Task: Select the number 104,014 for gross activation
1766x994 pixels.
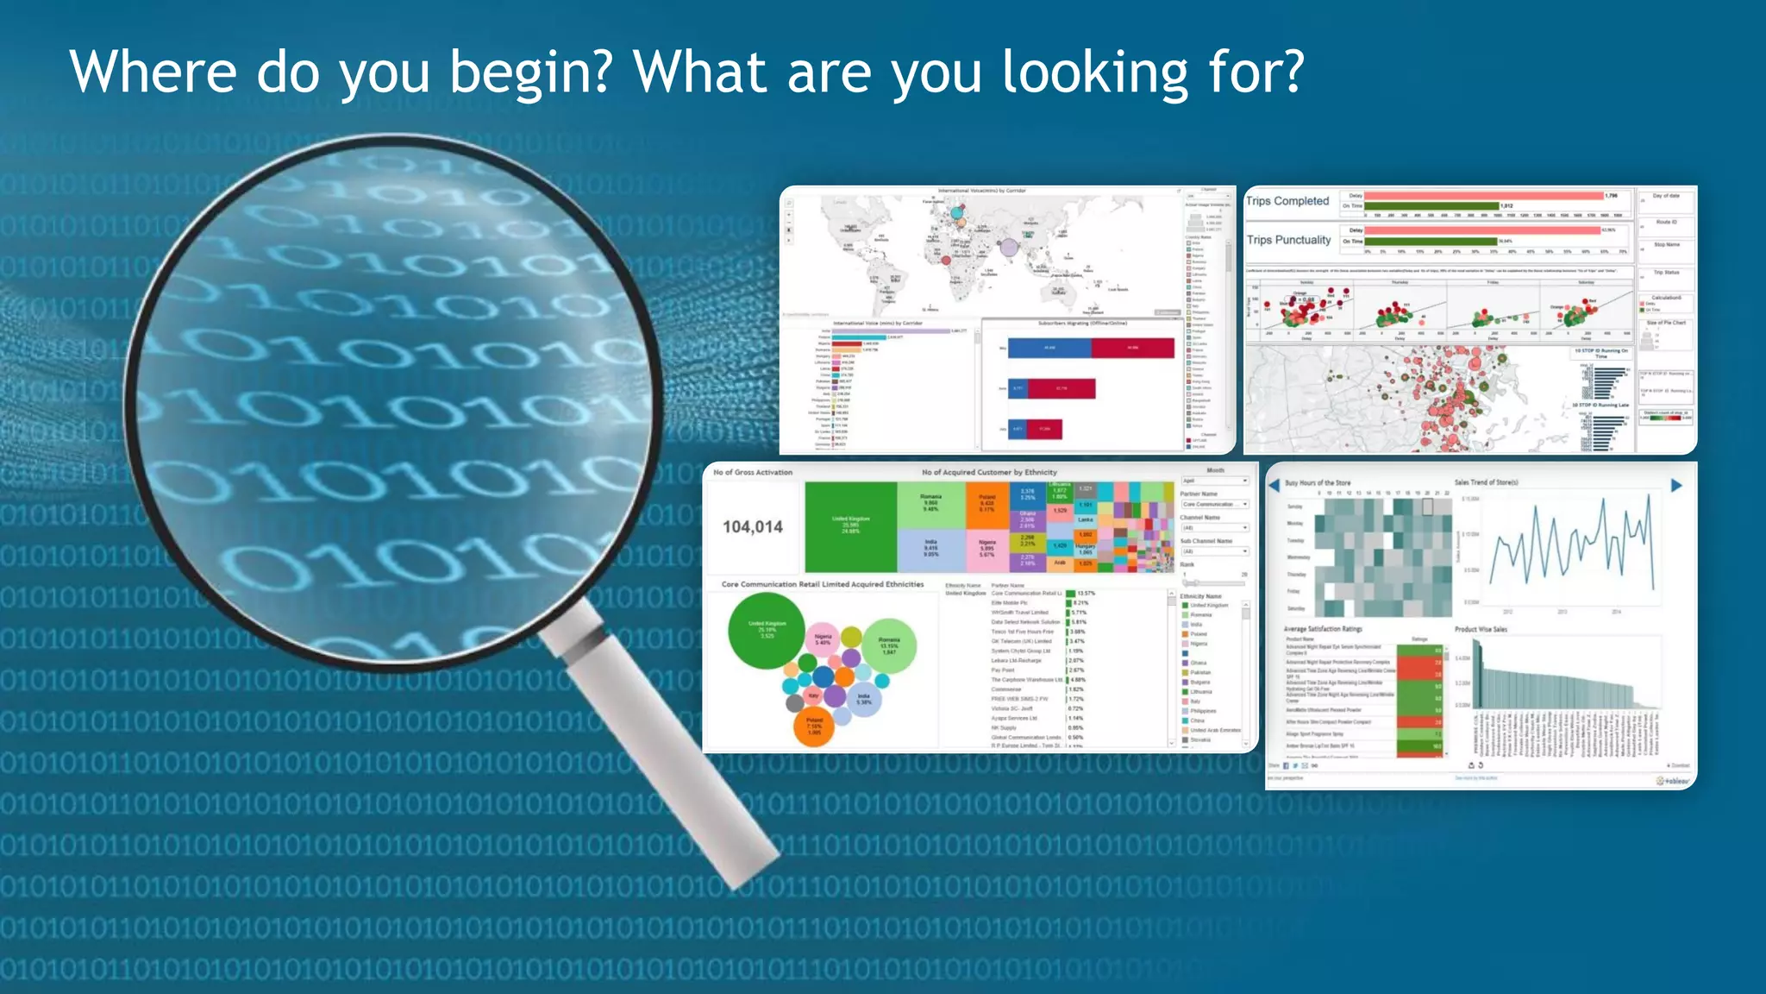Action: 753,526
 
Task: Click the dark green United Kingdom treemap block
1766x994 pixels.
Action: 850,526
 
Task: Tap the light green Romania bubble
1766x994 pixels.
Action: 889,645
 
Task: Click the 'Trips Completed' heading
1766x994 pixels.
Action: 1287,201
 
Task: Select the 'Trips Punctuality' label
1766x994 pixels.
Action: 1288,240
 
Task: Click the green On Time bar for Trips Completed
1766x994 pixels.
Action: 1431,206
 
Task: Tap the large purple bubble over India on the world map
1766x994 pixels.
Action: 1009,248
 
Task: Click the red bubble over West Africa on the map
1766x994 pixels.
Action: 946,259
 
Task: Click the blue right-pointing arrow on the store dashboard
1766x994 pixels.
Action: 1676,486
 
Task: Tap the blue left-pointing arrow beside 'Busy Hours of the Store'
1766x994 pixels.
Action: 1274,486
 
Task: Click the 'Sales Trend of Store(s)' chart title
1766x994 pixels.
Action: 1486,482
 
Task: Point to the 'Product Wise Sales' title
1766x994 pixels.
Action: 1481,629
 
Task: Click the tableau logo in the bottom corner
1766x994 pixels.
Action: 1672,781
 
